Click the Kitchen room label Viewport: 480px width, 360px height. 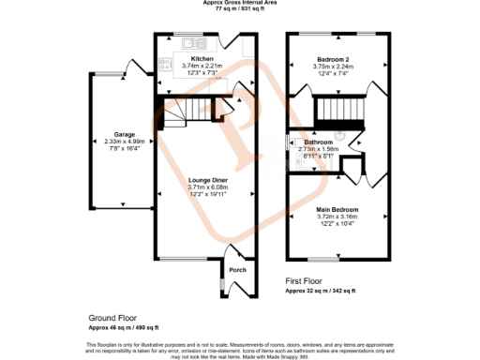(202, 58)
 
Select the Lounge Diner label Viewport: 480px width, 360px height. (207, 179)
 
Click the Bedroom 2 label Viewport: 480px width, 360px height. (333, 58)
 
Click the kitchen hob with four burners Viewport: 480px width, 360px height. (165, 65)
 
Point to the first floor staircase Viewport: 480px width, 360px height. (332, 115)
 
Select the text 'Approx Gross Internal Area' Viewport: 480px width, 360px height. (240, 3)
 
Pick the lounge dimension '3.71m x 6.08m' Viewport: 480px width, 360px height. (207, 187)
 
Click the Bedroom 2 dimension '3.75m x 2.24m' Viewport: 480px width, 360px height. (333, 66)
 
